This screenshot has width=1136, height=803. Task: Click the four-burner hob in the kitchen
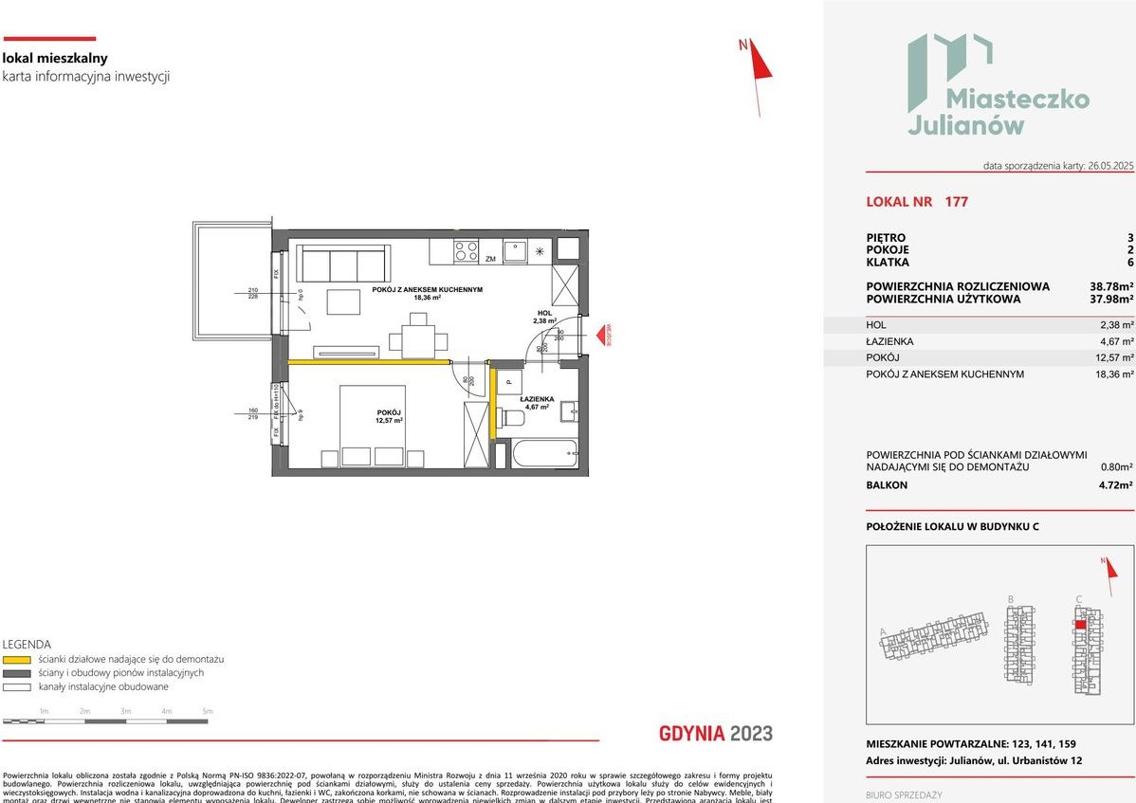[x=466, y=251]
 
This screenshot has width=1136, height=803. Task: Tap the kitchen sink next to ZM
[x=516, y=251]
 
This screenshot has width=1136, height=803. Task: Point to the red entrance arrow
[x=600, y=336]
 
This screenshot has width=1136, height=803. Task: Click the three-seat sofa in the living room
[x=342, y=262]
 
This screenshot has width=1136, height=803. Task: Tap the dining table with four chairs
[x=418, y=338]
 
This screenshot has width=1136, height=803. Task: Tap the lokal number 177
[x=956, y=202]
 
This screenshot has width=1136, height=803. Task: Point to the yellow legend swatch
[x=17, y=659]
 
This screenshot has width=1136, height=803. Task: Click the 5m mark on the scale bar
[x=208, y=711]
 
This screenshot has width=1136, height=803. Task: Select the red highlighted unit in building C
[x=1080, y=625]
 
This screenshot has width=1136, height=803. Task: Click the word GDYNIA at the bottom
[x=692, y=733]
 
